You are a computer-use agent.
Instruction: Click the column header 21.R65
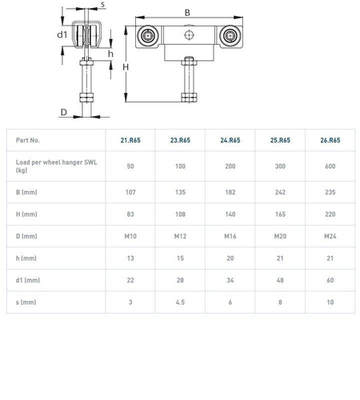point(130,140)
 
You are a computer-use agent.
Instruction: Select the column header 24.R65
point(230,140)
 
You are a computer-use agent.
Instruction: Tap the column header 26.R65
point(330,140)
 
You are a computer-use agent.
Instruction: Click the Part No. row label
point(28,140)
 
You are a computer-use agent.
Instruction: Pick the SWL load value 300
point(280,166)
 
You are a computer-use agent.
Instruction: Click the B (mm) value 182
point(230,192)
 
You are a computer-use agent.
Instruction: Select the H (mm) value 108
point(180,214)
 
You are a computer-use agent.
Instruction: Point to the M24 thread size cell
point(330,236)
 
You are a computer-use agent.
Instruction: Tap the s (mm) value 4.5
point(180,302)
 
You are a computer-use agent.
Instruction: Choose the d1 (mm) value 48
point(280,280)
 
